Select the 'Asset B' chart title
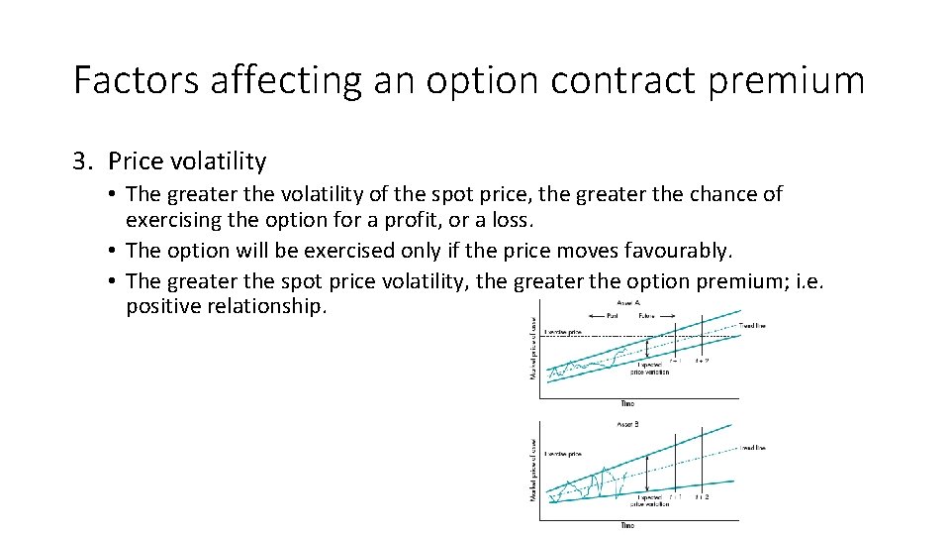click(x=627, y=423)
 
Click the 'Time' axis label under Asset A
click(x=627, y=403)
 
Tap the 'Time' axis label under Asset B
click(x=627, y=525)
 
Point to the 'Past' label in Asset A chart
click(x=614, y=318)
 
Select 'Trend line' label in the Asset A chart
click(x=752, y=325)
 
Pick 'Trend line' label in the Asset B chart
click(x=752, y=448)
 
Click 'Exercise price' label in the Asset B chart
click(x=561, y=454)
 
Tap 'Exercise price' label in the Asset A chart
click(x=561, y=333)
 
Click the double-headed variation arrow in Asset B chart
click(x=646, y=474)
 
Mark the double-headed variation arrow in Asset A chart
click(x=646, y=349)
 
